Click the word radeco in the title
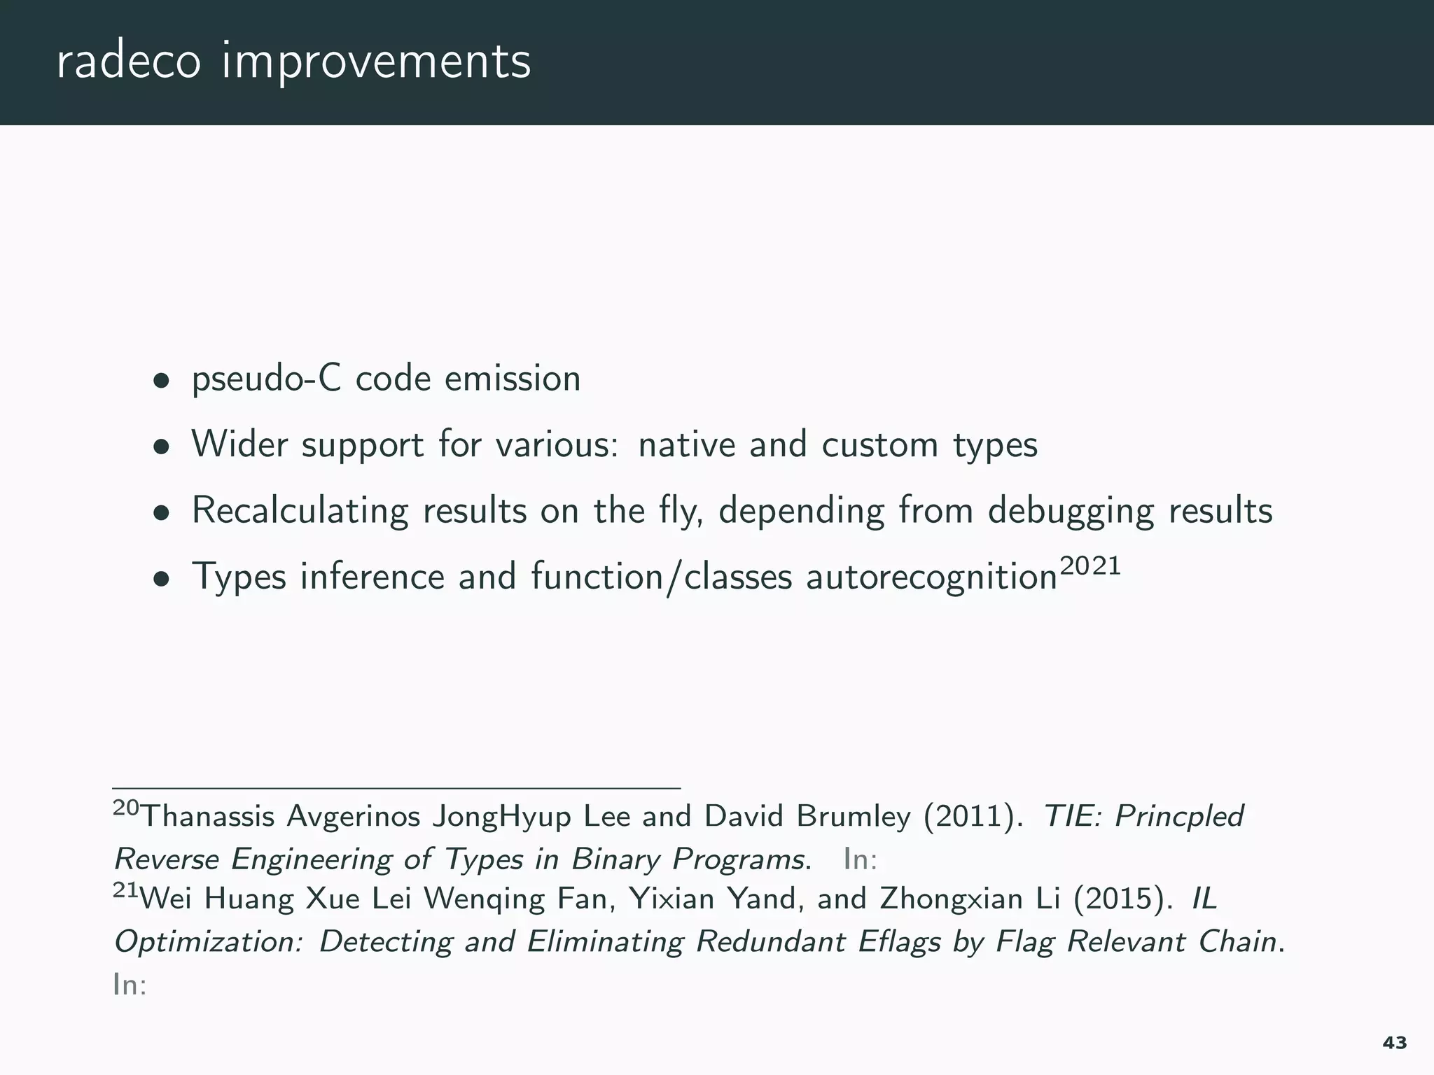128,62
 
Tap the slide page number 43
1395,1043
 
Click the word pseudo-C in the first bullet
267,380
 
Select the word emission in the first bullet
513,379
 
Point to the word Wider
239,444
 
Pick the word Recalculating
300,511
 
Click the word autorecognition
931,578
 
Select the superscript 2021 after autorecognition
1090,565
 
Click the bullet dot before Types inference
162,579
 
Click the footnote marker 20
126,808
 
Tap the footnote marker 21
125,890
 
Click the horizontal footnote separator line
396,788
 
